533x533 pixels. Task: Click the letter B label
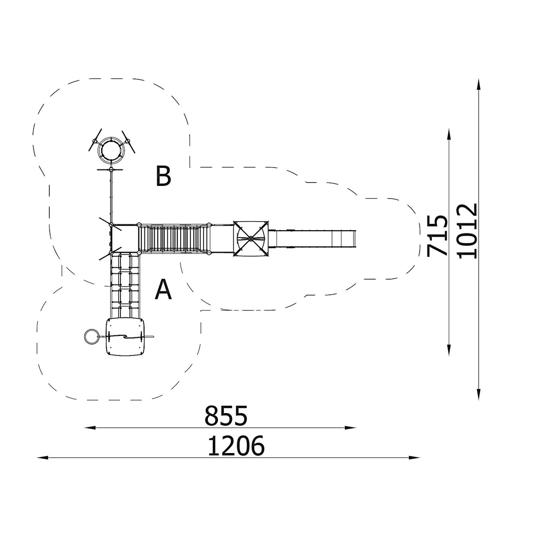click(163, 176)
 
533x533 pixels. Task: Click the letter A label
click(163, 289)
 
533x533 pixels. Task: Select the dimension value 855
click(226, 416)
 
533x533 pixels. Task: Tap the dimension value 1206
click(236, 446)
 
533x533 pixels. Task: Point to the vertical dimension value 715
click(437, 235)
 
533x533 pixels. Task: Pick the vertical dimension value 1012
click(467, 231)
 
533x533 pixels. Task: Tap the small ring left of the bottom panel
click(91, 336)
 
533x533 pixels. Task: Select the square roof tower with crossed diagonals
click(251, 239)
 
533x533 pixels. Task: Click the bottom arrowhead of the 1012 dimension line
click(479, 394)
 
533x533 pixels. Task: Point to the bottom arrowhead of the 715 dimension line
click(449, 350)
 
